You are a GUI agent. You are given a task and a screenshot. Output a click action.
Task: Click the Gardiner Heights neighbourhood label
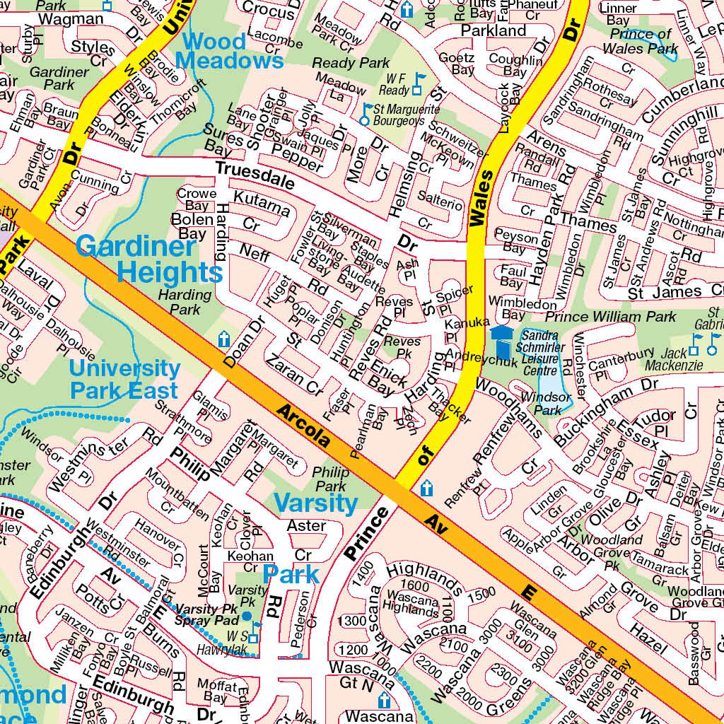[148, 259]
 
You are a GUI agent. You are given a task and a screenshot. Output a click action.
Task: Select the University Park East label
[124, 379]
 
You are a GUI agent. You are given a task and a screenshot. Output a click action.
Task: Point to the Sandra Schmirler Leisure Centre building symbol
[502, 342]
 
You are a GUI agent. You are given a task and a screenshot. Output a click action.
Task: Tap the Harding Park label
[185, 302]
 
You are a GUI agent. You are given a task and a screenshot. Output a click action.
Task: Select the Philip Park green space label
[331, 479]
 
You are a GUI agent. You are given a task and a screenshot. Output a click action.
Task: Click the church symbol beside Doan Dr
[224, 339]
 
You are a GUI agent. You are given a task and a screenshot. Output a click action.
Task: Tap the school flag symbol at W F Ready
[419, 83]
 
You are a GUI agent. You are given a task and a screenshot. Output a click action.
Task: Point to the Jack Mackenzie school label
[682, 358]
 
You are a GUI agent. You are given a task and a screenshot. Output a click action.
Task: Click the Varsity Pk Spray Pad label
[207, 614]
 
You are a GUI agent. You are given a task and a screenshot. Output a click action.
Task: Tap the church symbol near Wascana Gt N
[384, 701]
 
